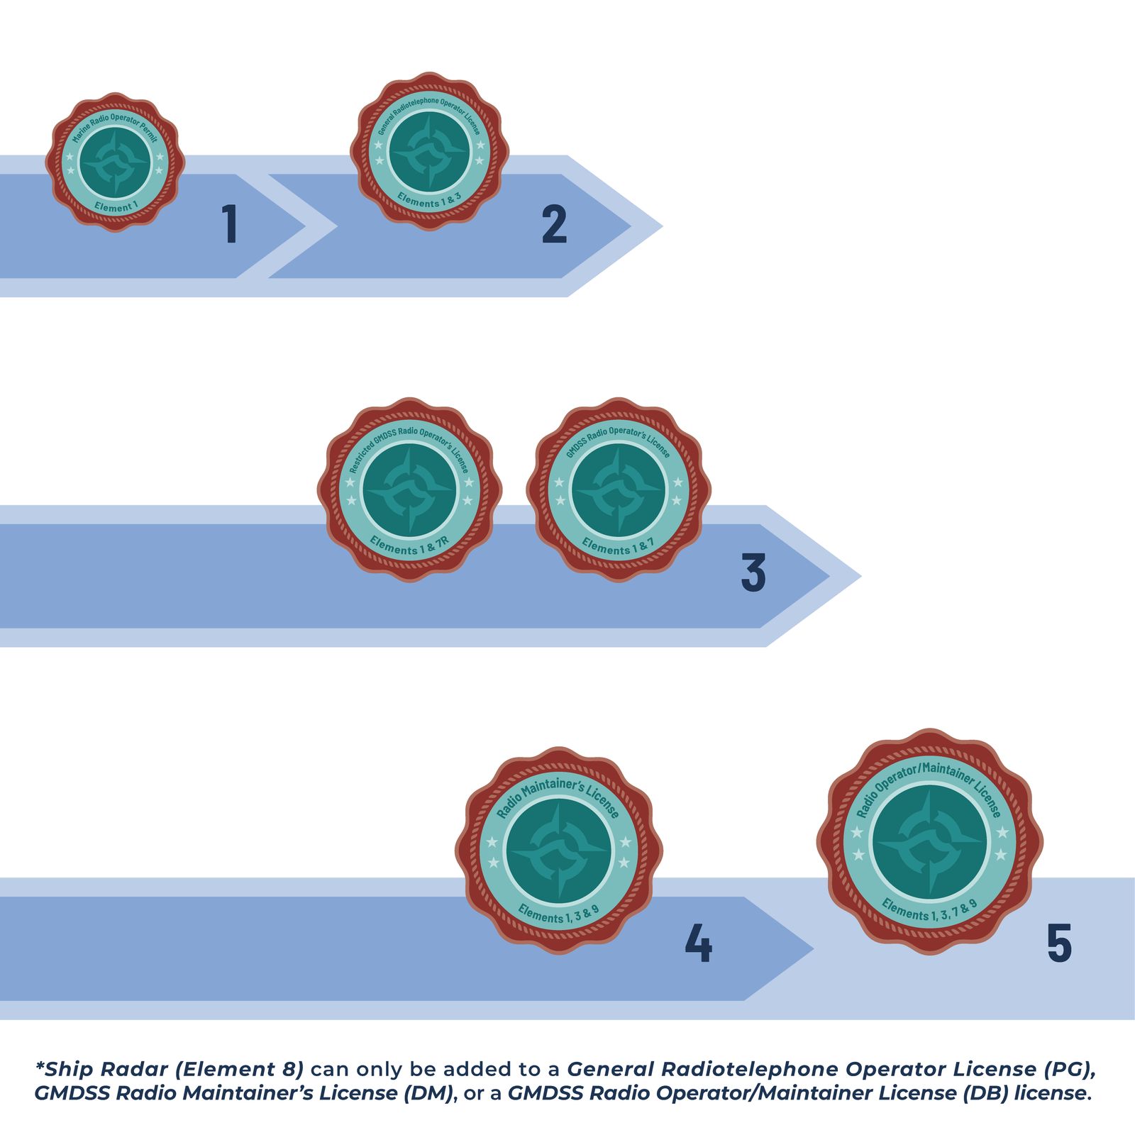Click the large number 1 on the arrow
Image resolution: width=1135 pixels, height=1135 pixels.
230,224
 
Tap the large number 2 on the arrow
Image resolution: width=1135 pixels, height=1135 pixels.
554,224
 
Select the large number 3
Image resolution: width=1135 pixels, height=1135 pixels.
753,572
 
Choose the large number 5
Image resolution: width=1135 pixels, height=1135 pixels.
1059,943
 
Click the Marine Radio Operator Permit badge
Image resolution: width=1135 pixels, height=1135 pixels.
115,162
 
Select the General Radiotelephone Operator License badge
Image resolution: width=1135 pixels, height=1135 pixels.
429,151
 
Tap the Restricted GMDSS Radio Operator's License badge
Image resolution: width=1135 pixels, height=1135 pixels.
409,489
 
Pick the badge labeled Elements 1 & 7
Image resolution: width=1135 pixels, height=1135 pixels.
619,489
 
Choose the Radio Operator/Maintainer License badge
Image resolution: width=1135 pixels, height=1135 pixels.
929,841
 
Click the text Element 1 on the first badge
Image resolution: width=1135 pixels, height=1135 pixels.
116,207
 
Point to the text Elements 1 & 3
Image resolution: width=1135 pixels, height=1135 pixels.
429,199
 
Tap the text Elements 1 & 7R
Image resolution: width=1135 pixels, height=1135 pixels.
409,546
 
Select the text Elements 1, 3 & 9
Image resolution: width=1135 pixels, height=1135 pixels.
558,914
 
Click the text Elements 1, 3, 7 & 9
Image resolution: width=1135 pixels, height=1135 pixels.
929,909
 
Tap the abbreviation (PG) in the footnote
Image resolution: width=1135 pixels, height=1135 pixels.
1070,1069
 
